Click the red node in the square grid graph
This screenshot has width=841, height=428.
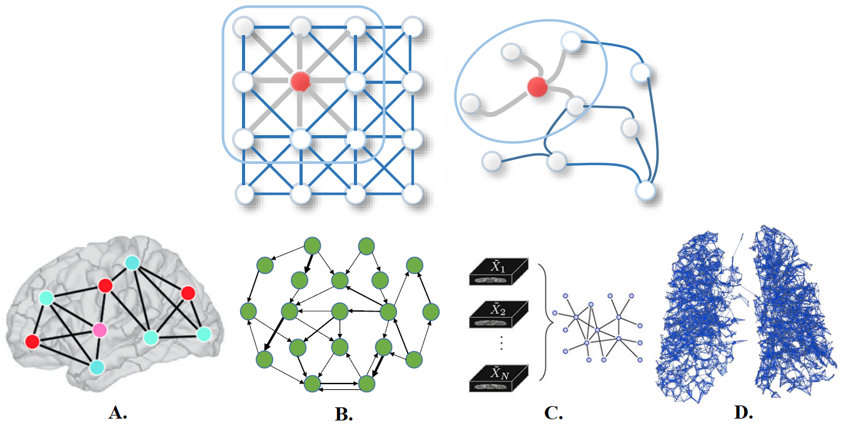[301, 81]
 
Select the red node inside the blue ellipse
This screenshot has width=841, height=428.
[536, 87]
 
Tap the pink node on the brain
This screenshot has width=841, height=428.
[99, 329]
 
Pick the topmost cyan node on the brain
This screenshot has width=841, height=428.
[132, 263]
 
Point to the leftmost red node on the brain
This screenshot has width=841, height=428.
[32, 342]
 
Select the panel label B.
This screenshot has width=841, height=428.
[345, 414]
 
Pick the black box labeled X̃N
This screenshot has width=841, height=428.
[498, 379]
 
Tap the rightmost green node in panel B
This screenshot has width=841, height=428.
[430, 311]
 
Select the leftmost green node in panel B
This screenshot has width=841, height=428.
[249, 311]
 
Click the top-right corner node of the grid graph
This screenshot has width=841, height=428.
[411, 27]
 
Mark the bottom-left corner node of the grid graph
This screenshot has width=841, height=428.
[244, 193]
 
